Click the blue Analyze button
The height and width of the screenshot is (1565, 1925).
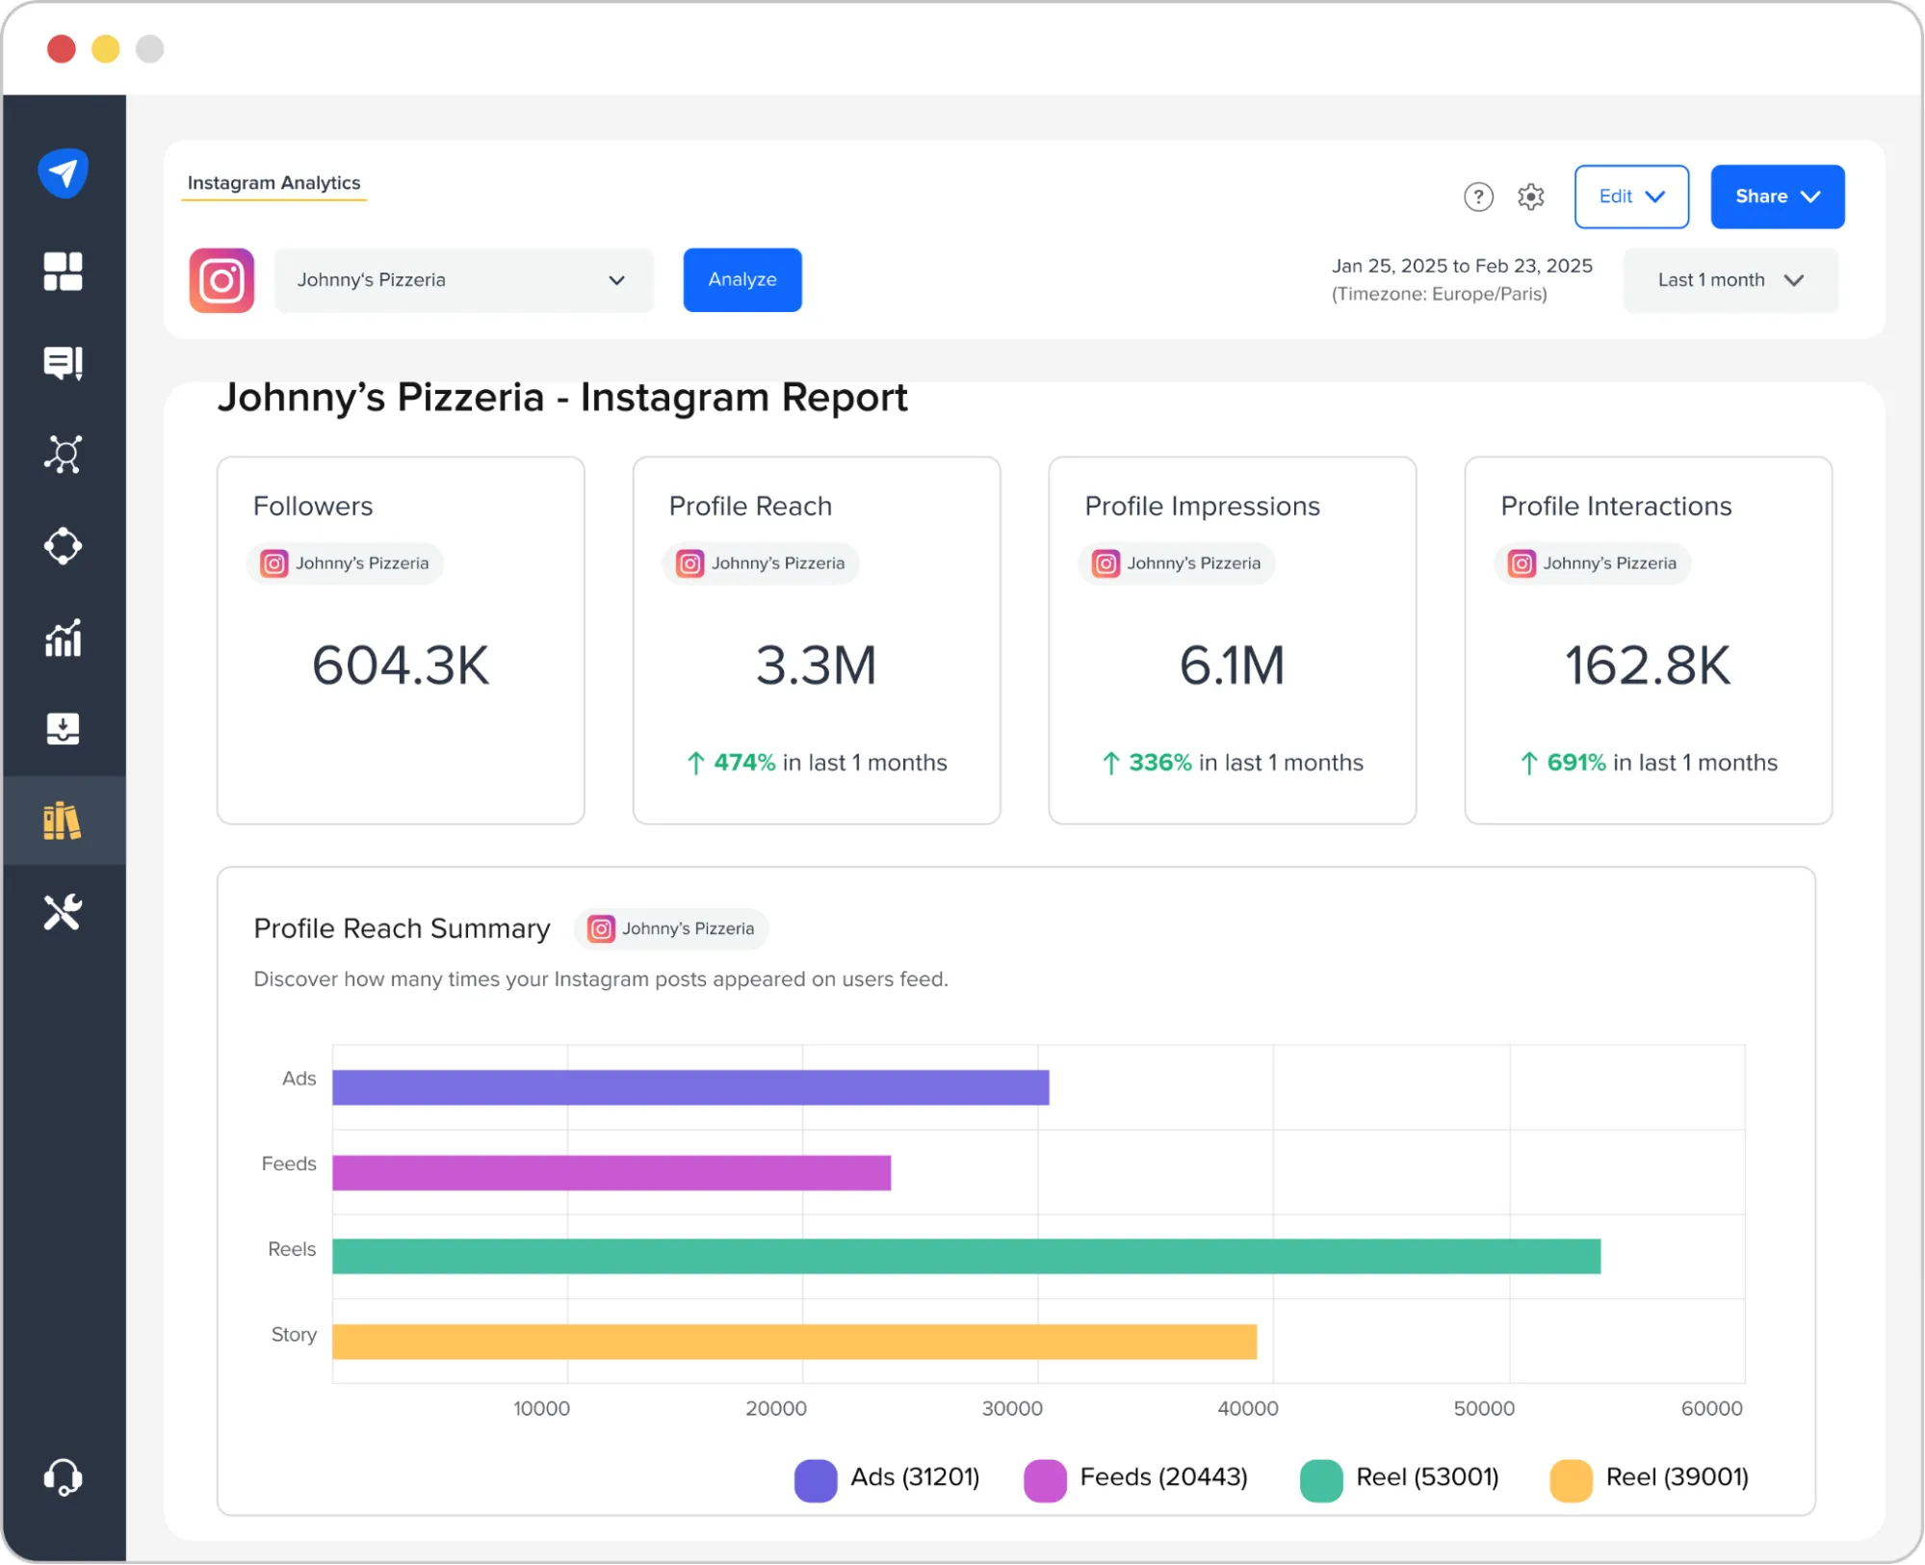[741, 279]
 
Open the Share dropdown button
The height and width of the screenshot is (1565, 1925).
[1777, 196]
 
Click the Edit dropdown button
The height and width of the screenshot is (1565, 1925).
[1630, 196]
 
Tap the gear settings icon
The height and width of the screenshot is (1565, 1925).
[1530, 196]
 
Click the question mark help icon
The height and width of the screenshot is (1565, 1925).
[1478, 196]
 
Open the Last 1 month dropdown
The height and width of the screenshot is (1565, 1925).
[1730, 280]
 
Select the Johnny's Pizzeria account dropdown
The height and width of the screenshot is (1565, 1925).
[463, 280]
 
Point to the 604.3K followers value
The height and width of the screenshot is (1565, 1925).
[401, 665]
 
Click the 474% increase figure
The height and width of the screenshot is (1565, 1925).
[743, 763]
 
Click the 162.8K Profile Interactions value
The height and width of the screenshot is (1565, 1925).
[1647, 665]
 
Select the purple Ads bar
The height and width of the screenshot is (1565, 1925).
[689, 1087]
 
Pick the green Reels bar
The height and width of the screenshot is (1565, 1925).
[965, 1257]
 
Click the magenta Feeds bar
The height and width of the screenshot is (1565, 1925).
[611, 1172]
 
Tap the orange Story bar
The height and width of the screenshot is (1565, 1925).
[793, 1342]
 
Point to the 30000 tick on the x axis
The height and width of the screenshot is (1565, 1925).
[1012, 1408]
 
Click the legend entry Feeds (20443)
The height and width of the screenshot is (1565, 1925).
[1136, 1478]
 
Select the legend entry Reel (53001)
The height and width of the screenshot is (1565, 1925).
[1400, 1478]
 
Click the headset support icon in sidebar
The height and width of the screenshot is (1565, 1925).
[64, 1476]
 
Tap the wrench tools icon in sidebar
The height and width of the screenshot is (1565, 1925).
[64, 912]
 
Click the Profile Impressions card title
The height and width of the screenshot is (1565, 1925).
[1202, 507]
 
